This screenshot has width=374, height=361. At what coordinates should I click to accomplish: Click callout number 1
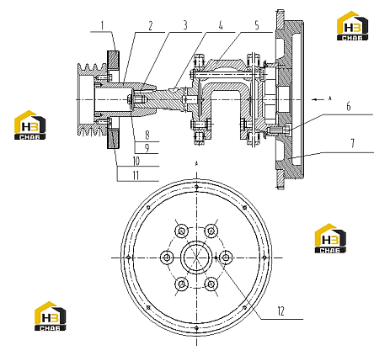click(x=103, y=26)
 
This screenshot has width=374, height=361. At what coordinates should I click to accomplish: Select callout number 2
click(x=151, y=26)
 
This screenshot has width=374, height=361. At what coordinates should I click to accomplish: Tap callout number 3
click(x=185, y=25)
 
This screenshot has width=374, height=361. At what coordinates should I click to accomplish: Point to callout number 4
click(x=221, y=25)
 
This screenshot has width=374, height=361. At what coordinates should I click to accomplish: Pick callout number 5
click(x=257, y=25)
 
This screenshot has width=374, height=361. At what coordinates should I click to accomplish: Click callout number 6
click(x=349, y=107)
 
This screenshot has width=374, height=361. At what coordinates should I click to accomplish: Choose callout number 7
click(x=353, y=143)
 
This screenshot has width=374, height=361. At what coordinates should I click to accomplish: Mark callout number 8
click(x=147, y=135)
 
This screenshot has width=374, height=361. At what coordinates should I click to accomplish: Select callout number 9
click(x=147, y=148)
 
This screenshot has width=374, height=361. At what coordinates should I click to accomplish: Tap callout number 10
click(x=136, y=161)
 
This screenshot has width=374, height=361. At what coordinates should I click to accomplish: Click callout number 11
click(x=136, y=176)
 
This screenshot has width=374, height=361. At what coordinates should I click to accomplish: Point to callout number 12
click(x=281, y=311)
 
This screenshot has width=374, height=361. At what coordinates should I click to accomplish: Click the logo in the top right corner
click(x=352, y=26)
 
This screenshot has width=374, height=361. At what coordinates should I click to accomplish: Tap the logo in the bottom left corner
click(x=51, y=316)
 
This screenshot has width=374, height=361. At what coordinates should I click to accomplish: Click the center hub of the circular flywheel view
click(x=196, y=257)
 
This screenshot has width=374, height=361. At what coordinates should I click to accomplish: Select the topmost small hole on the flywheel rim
click(x=196, y=187)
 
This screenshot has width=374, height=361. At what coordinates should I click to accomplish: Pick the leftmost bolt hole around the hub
click(x=167, y=257)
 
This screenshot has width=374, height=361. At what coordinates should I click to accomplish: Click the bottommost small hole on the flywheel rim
click(x=196, y=327)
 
